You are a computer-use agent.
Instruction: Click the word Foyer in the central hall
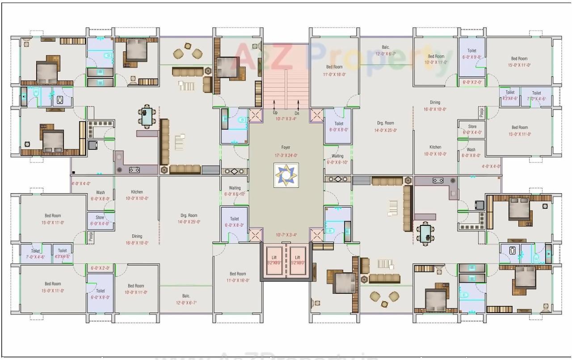tap(286, 147)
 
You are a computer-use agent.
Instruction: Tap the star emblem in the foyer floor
tap(286, 175)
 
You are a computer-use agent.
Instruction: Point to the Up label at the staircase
tap(275, 113)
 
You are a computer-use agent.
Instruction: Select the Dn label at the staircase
tap(297, 113)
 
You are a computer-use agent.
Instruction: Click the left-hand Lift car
tap(274, 260)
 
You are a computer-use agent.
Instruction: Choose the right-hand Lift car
tap(297, 260)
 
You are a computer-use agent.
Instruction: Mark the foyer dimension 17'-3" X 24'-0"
tap(286, 156)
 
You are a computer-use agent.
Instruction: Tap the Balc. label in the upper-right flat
tap(386, 47)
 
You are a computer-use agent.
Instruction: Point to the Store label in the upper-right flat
tap(472, 127)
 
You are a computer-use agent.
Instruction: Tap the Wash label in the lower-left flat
tap(100, 193)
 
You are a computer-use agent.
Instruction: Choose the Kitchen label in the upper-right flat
tap(435, 147)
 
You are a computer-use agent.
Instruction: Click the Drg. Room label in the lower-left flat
tap(189, 216)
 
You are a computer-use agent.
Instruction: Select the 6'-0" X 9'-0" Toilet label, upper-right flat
tap(472, 51)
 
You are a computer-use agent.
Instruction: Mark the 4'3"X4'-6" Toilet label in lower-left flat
tap(62, 251)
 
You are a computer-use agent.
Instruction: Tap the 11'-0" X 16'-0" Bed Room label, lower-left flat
tap(238, 274)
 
